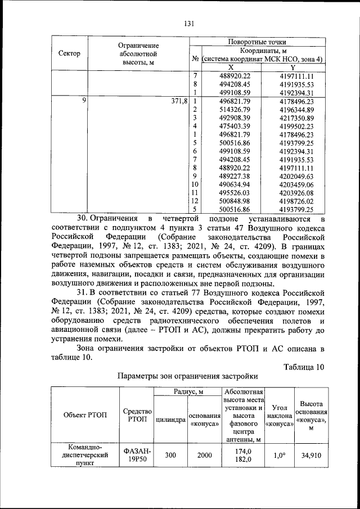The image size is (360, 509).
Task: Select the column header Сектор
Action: coord(69,53)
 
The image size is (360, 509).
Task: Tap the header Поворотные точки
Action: coord(256,42)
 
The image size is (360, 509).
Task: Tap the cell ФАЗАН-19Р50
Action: coord(137,456)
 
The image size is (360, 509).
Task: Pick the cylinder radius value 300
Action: coord(170,456)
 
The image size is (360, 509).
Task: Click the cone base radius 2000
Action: coord(204,456)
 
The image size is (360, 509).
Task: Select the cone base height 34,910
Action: coord(310,456)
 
